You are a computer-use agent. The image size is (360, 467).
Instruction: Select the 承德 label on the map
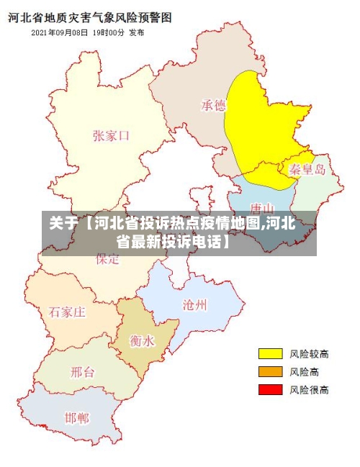click(x=213, y=106)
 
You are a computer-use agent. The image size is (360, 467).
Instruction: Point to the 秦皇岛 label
click(x=307, y=170)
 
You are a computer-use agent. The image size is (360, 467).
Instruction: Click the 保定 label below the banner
click(x=108, y=260)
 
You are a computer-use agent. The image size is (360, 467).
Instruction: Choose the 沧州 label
click(x=194, y=304)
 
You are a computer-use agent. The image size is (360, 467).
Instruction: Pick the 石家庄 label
click(x=68, y=312)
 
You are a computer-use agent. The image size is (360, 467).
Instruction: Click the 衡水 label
click(x=142, y=340)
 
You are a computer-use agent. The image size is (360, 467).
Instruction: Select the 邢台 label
click(x=82, y=372)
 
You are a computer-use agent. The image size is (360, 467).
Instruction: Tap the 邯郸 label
click(x=77, y=417)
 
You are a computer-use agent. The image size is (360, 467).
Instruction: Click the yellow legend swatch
click(x=270, y=353)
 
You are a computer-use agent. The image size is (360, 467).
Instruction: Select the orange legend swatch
click(x=270, y=371)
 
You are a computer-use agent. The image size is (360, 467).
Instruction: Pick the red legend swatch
click(x=270, y=389)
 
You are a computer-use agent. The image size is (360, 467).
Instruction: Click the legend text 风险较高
click(x=309, y=353)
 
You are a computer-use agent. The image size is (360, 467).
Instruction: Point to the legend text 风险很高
click(x=309, y=389)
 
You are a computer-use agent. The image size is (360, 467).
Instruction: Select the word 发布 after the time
click(x=137, y=32)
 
